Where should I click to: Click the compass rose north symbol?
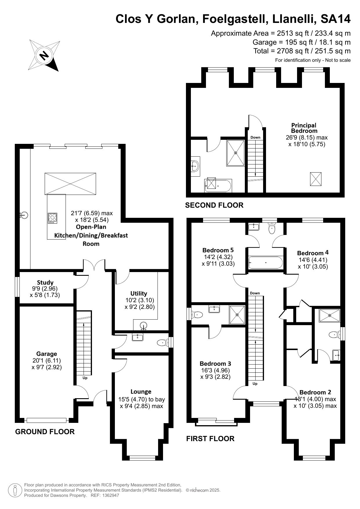tap(44, 55)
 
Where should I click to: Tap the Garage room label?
tap(46, 354)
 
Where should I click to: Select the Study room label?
tap(45, 282)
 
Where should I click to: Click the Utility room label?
tap(139, 293)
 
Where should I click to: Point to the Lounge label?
tap(141, 392)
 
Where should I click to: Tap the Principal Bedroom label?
tap(304, 128)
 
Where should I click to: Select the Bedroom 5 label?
tap(218, 250)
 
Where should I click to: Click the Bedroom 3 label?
tap(215, 363)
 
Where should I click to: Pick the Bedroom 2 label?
tap(315, 392)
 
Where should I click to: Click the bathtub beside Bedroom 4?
tap(266, 262)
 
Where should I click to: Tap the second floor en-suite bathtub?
tap(218, 186)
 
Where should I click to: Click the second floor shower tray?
tap(236, 153)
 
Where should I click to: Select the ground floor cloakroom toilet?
tap(163, 343)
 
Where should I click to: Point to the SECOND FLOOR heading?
tap(214, 205)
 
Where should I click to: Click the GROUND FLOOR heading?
tap(45, 432)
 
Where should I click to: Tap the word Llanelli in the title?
tap(294, 19)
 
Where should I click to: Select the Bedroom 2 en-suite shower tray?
tap(329, 316)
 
